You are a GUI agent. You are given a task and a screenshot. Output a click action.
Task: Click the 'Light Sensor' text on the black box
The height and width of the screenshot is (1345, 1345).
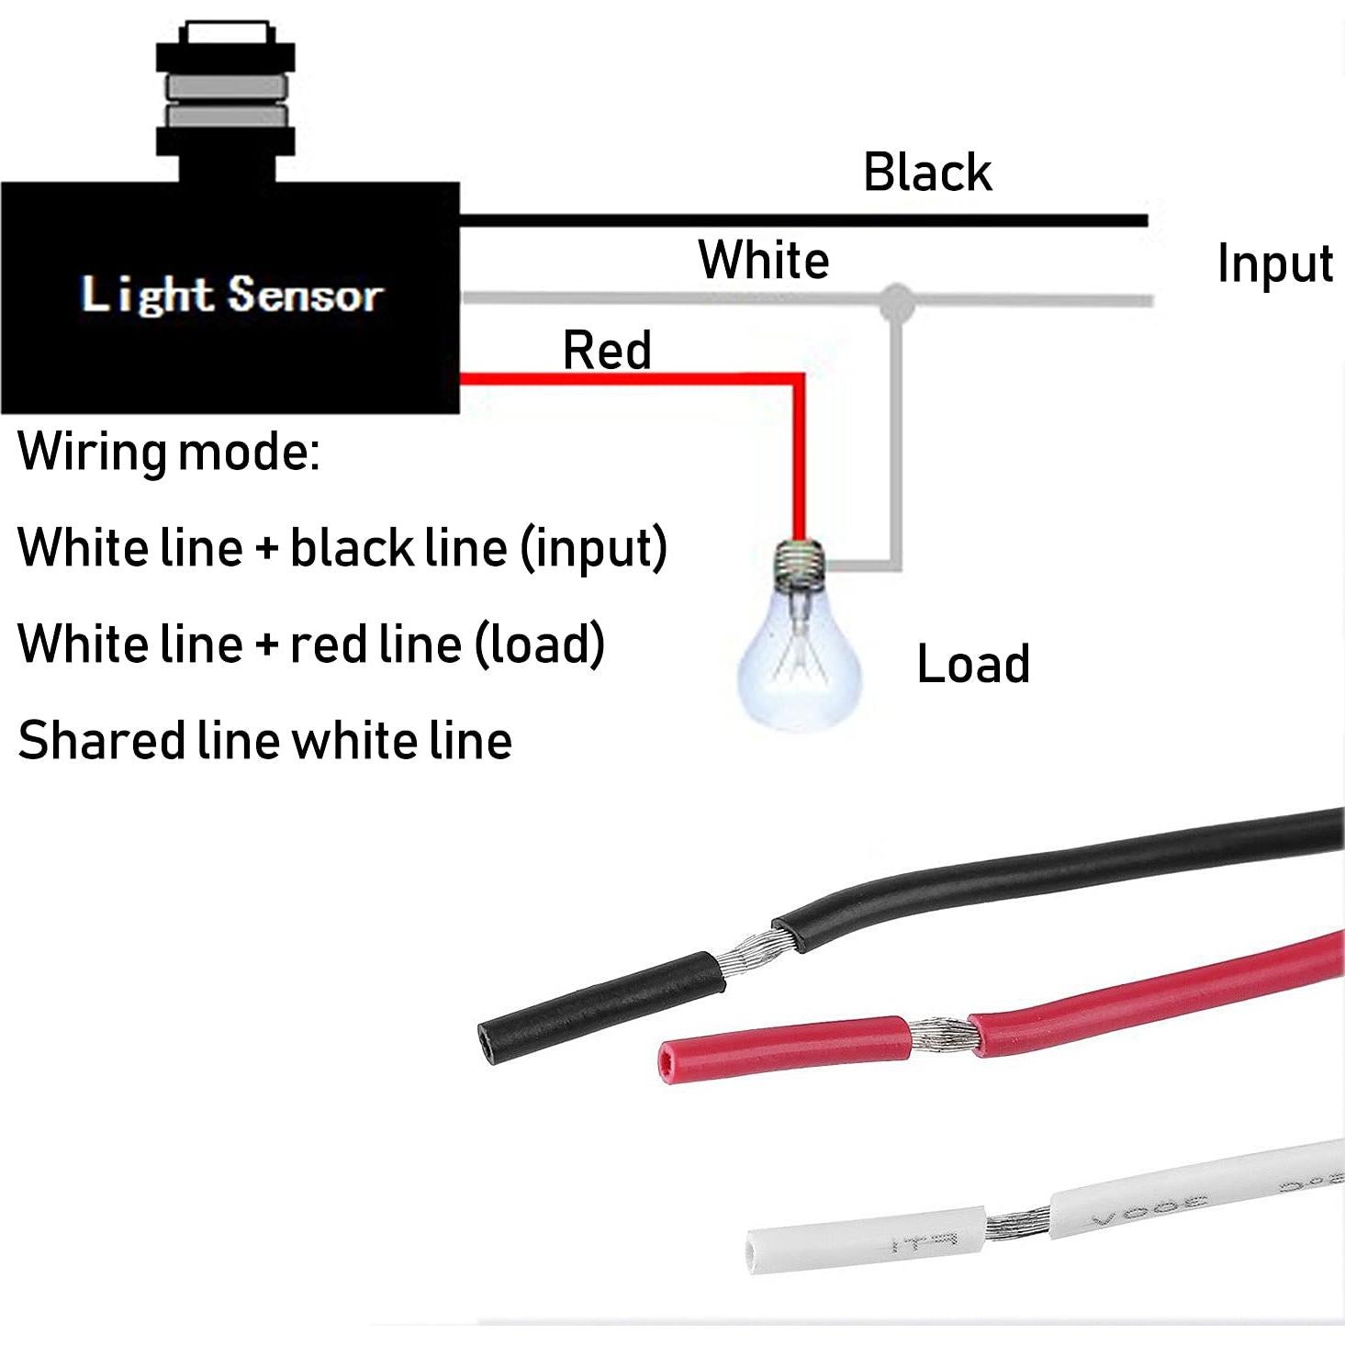pos(231,295)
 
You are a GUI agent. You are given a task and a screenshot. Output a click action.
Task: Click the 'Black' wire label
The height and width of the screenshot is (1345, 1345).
pos(927,173)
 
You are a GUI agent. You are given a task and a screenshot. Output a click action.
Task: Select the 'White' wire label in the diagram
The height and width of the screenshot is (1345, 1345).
pos(763,260)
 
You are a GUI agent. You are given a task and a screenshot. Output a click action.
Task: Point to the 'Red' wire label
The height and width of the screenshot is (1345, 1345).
pos(607,351)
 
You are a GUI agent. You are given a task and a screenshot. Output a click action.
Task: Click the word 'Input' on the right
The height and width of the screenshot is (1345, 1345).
pos(1274,264)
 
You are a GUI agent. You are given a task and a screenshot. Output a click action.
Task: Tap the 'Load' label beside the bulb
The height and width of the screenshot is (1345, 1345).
pos(973,664)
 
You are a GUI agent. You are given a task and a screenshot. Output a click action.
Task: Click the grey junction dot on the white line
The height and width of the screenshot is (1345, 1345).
pos(897,301)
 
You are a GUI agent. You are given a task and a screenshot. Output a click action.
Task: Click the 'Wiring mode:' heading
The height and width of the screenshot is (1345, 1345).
pos(169,452)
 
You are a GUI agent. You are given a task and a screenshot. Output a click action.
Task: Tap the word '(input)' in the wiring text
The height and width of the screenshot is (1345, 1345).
pos(593,548)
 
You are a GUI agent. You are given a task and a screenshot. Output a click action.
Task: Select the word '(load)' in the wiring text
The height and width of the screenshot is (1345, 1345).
pos(539,644)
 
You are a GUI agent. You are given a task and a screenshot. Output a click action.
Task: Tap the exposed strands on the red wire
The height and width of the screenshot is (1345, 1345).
pos(938,1035)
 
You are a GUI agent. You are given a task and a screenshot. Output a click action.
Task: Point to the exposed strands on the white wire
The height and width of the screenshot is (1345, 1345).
pos(1017,1221)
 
